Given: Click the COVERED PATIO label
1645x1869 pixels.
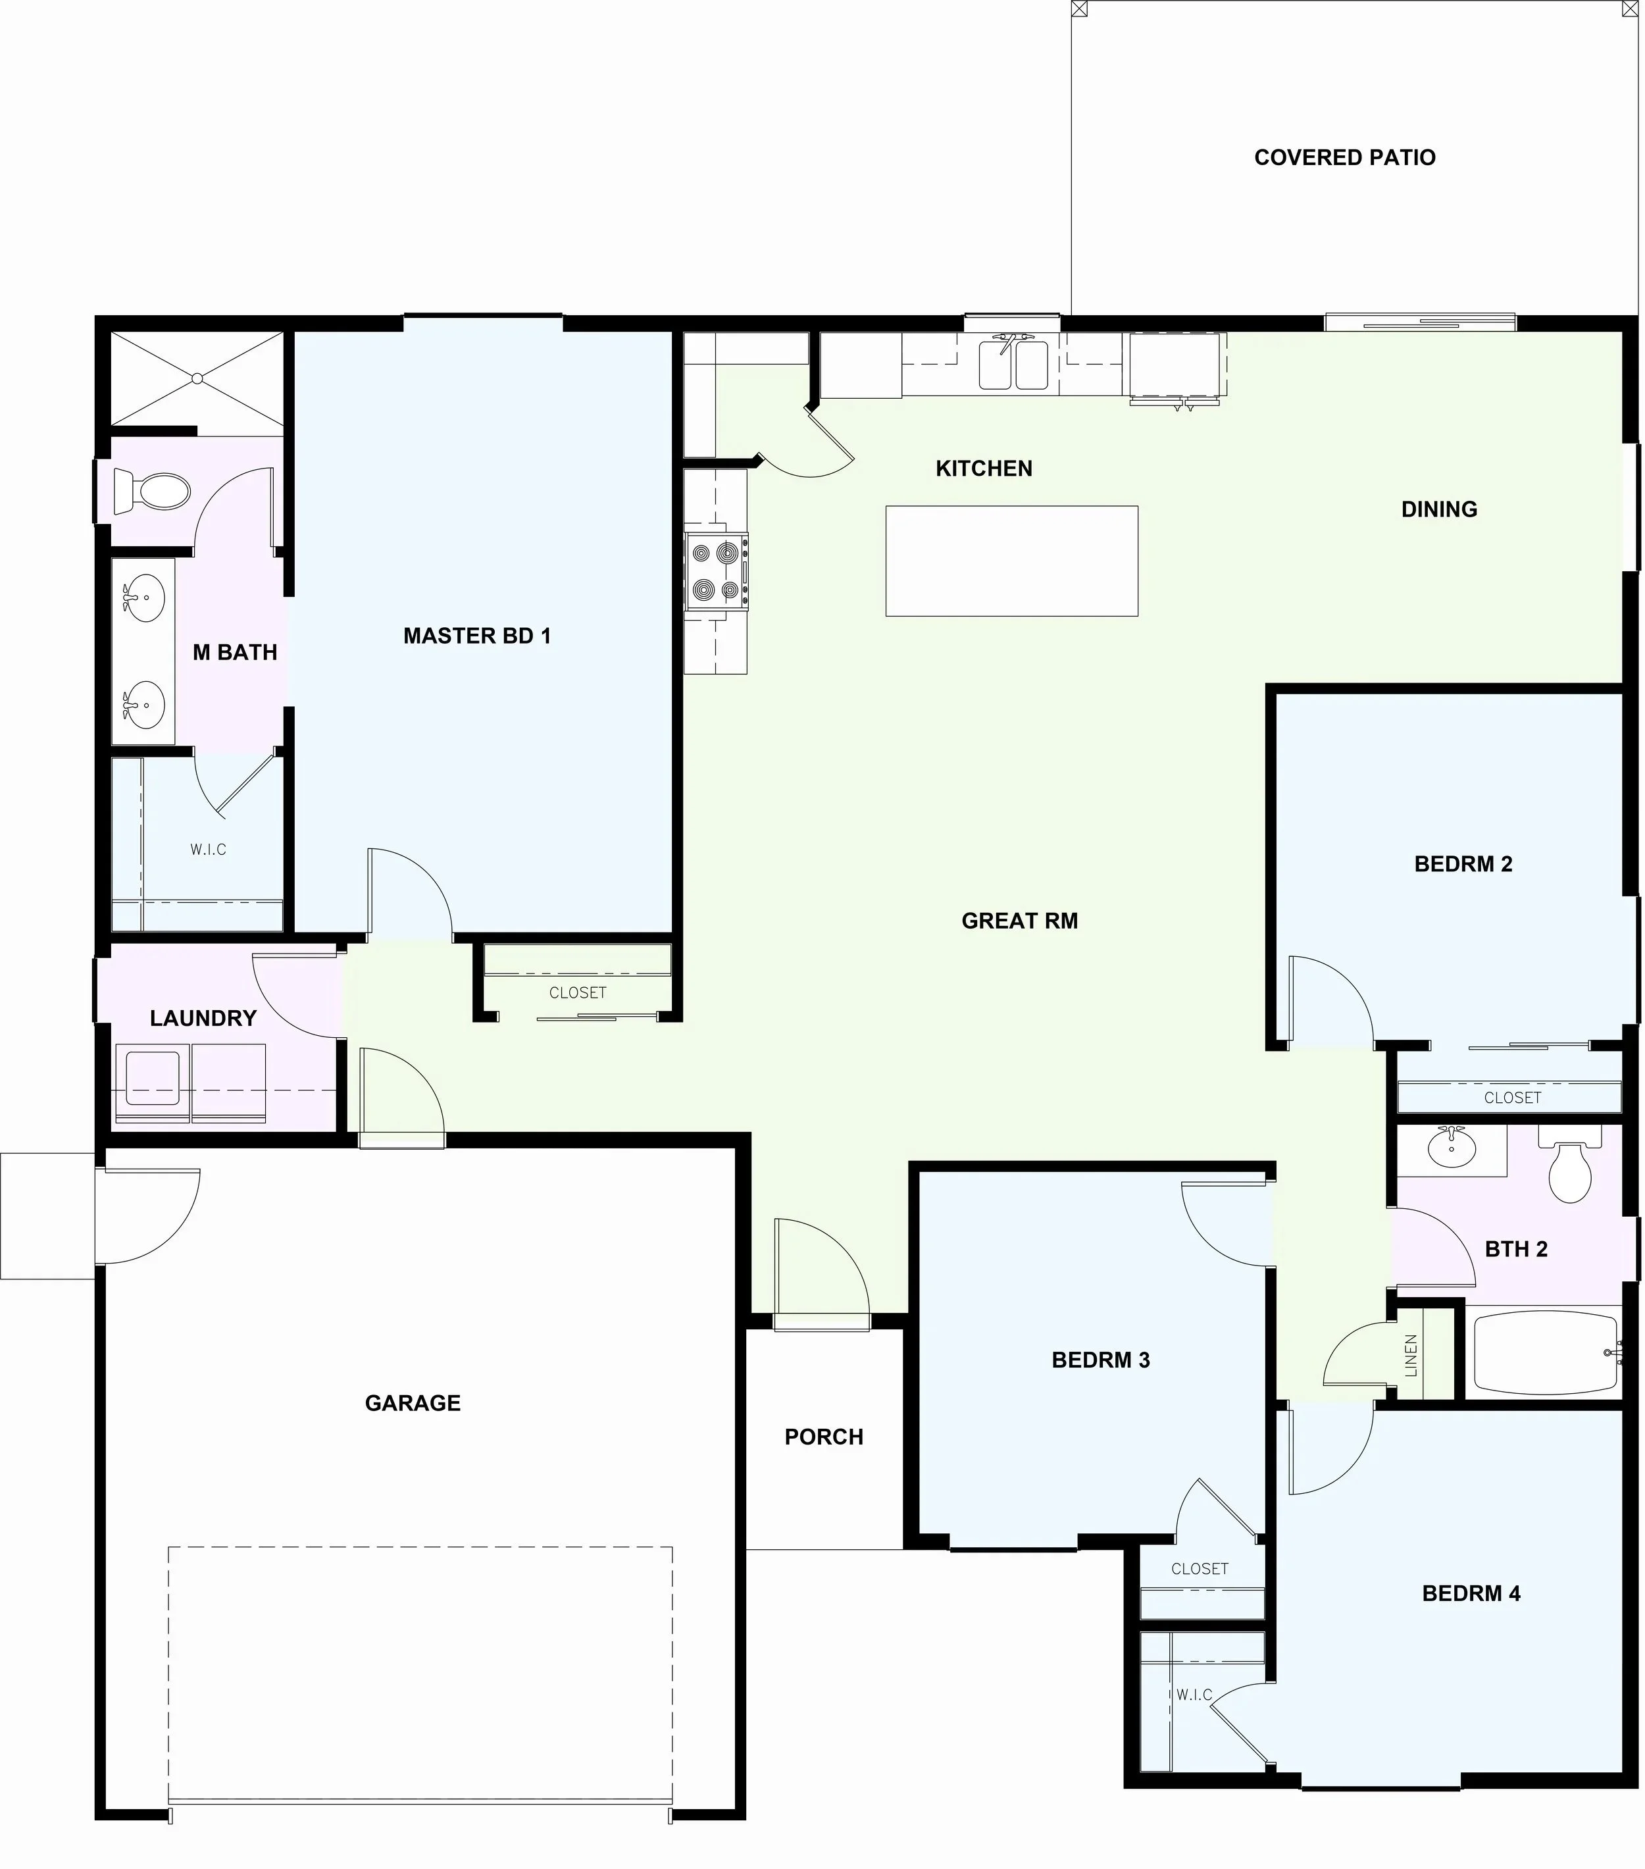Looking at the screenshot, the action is click(1344, 157).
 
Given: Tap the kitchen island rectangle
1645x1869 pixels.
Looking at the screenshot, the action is click(1011, 561).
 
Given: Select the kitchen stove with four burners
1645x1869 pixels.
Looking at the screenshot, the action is click(717, 571).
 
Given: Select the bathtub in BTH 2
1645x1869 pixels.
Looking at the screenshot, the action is click(1546, 1353).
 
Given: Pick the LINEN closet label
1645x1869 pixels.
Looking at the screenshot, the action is click(1411, 1355).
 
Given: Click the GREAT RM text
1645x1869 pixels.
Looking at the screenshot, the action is click(1019, 921).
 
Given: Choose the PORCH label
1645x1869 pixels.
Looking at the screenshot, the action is click(824, 1437).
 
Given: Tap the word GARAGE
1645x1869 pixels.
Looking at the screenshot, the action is click(413, 1402).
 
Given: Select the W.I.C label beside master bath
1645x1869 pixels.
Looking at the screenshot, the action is click(209, 850).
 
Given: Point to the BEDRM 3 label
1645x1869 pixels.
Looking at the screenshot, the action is click(1101, 1360).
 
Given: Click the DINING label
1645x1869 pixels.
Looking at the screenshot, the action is click(1439, 509).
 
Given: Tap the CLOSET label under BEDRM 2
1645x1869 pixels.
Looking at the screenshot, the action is click(1512, 1097).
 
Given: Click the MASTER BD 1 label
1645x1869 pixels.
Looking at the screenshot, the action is click(477, 636).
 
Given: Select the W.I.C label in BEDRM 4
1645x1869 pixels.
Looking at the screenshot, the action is click(1194, 1695).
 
